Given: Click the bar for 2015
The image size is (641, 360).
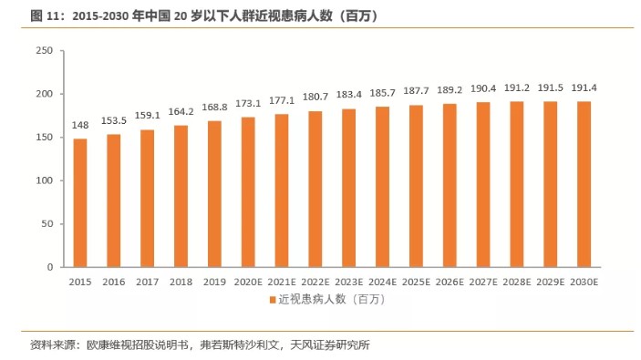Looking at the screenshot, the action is click(x=80, y=203).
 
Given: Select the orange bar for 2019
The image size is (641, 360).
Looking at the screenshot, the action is click(x=214, y=194).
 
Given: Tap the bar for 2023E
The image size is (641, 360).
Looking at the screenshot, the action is click(x=348, y=188).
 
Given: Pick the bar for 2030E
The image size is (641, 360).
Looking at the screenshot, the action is click(x=584, y=184).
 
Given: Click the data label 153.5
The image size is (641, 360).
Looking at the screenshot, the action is click(x=114, y=120).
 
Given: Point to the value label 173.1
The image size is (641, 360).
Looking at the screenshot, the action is click(x=248, y=104).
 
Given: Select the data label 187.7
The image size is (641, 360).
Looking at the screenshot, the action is click(x=416, y=91).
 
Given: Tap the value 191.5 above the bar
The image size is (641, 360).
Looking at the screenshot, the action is click(x=550, y=87).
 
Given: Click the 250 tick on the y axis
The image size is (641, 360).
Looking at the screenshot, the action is click(x=45, y=50).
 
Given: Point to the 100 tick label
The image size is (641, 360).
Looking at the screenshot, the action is click(x=45, y=180).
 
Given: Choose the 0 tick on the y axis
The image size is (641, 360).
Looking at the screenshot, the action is click(x=50, y=267).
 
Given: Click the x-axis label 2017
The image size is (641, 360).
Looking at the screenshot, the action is click(x=147, y=282).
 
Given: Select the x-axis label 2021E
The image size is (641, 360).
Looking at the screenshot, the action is click(x=282, y=282).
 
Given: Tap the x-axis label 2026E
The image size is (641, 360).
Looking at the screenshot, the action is click(x=450, y=282).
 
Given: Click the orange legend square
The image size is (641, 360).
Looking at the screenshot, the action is click(x=273, y=300).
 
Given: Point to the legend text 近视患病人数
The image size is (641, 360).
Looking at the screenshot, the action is click(x=312, y=300).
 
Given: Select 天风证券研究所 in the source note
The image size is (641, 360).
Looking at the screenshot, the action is click(x=330, y=345).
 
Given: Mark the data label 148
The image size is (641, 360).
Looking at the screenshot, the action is click(x=80, y=126).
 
